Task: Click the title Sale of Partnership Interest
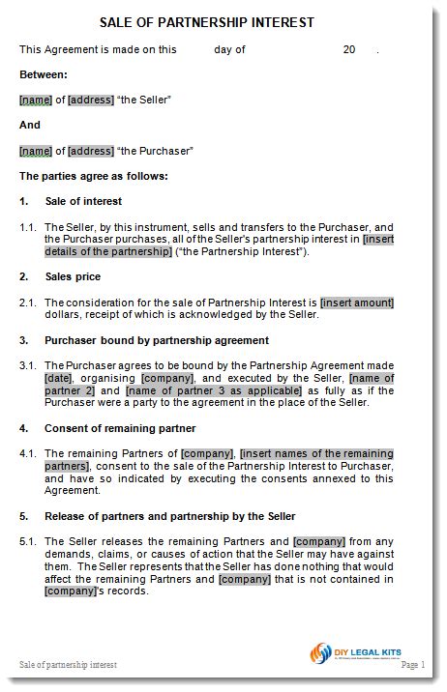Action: (221, 21)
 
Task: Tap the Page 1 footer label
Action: (411, 666)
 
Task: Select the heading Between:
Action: (44, 73)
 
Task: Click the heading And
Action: (30, 125)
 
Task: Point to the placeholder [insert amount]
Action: (357, 303)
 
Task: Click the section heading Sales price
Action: (74, 276)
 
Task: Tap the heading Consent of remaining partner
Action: (121, 427)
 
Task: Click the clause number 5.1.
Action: (28, 541)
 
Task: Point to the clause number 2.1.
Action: (28, 303)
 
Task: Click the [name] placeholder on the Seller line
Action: (35, 100)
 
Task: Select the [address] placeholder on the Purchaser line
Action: (91, 151)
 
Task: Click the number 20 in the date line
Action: (349, 48)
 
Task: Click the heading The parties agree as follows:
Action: (94, 176)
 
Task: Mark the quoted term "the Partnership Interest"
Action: (241, 251)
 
